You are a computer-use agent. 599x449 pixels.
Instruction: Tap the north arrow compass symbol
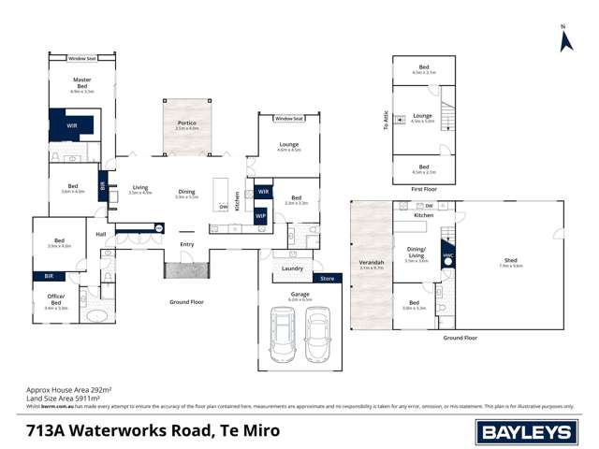tap(565, 39)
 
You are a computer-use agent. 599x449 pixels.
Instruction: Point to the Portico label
tap(187, 123)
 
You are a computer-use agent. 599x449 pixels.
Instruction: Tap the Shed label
tap(511, 262)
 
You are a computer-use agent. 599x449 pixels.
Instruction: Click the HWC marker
tap(448, 253)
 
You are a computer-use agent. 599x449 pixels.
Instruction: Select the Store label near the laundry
tap(327, 278)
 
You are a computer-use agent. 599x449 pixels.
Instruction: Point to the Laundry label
tap(291, 268)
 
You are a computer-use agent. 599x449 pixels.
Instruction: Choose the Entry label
tap(187, 244)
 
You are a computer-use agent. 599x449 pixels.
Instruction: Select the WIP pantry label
tap(260, 215)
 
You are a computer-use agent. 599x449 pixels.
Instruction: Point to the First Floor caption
tap(424, 188)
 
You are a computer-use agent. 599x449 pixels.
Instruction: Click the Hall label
tap(101, 234)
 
